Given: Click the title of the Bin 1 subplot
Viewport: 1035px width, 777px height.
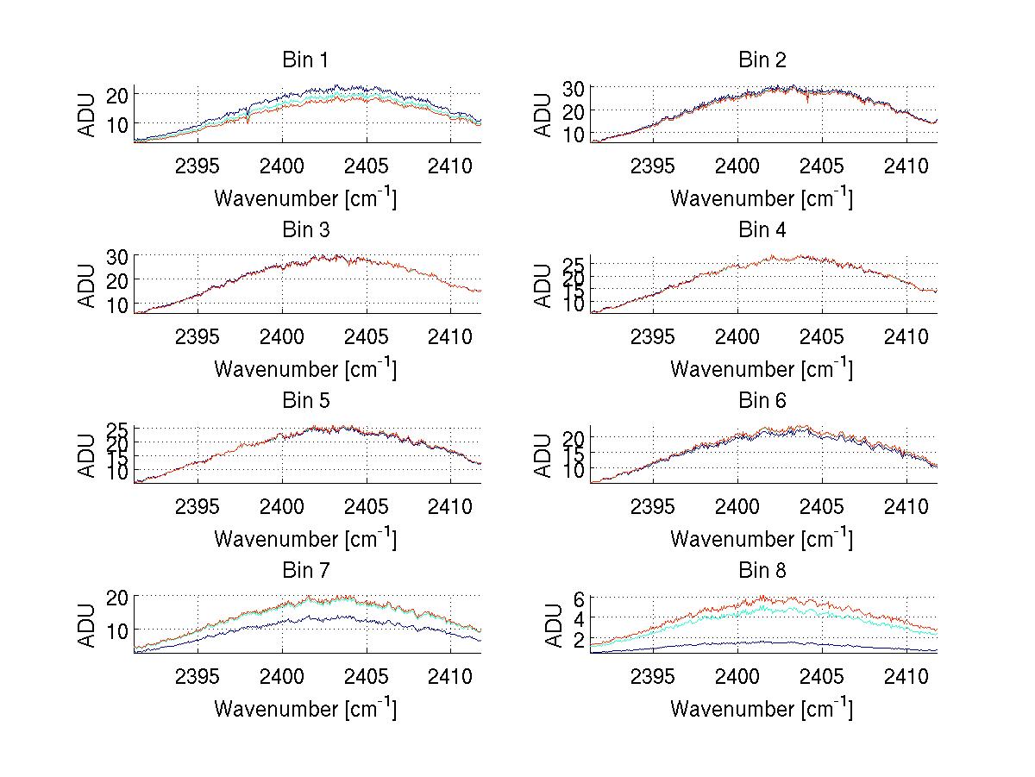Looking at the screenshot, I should [305, 60].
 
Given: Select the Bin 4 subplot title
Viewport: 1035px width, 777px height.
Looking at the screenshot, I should [762, 230].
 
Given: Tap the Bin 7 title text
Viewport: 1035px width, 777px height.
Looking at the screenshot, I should [305, 571].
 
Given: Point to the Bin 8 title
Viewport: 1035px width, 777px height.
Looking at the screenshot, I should [762, 571].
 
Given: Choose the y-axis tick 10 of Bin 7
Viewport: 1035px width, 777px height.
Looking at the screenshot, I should [117, 630].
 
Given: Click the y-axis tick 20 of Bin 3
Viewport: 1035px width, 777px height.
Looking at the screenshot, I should [117, 279].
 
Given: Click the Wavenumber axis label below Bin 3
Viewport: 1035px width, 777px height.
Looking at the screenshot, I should [305, 369].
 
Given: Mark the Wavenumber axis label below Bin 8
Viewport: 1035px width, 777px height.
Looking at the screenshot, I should [762, 709].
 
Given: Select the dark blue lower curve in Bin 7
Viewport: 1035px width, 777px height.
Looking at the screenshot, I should [345, 617].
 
